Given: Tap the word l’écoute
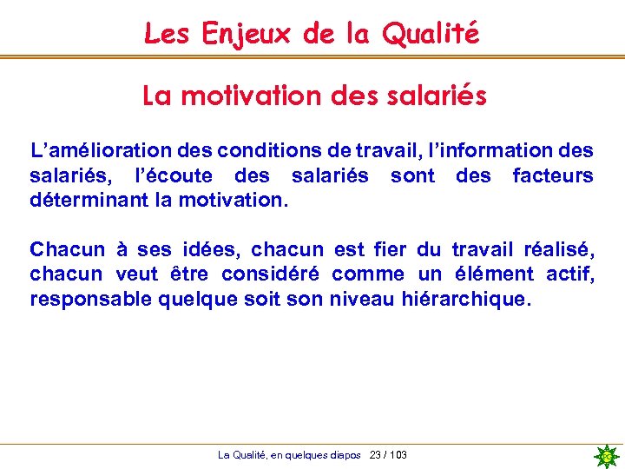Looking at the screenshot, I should click(x=174, y=176).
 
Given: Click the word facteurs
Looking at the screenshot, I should click(x=553, y=176).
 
